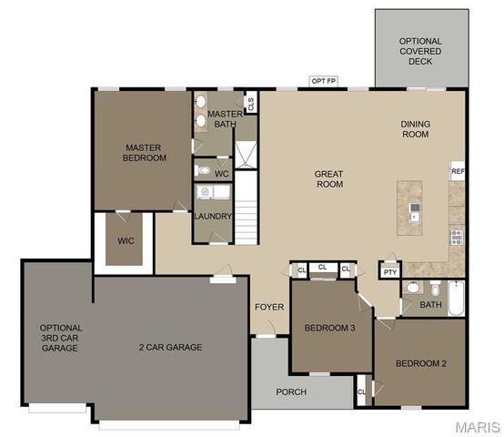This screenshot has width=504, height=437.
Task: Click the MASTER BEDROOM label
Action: tap(145, 152)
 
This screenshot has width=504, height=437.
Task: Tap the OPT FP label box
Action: tap(324, 81)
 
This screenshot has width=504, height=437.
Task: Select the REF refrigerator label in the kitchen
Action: tap(458, 170)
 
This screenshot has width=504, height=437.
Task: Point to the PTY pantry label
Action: tap(390, 271)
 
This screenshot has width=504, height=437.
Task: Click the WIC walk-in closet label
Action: tap(126, 241)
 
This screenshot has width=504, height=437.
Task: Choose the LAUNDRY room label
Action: tap(213, 216)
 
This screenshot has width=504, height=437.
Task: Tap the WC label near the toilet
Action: tap(221, 173)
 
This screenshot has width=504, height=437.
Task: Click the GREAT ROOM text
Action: tap(328, 178)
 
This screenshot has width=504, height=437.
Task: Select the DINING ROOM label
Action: tap(415, 129)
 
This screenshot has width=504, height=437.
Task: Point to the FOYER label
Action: tap(268, 307)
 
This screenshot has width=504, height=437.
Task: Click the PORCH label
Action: tap(291, 392)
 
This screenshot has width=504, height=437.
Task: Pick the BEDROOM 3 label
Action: tap(329, 328)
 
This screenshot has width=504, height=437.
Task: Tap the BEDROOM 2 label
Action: tap(420, 364)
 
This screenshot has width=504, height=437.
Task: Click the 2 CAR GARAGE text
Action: tap(170, 347)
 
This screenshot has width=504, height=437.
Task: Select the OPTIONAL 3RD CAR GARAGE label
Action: tap(61, 338)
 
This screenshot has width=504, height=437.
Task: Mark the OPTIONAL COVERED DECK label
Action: tap(420, 51)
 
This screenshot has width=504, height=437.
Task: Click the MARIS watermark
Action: tap(478, 427)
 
